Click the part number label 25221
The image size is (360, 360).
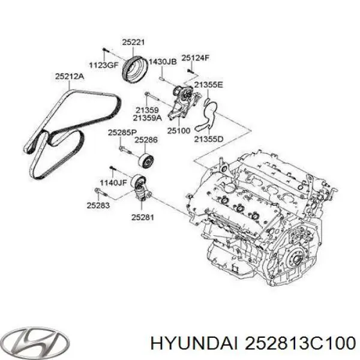tap(133, 43)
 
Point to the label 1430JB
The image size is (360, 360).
tap(162, 62)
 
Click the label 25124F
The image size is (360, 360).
tap(196, 58)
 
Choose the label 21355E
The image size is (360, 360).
tap(209, 85)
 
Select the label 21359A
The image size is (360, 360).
tap(149, 119)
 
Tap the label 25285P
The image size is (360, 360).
tap(122, 132)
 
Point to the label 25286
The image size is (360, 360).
tap(146, 140)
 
